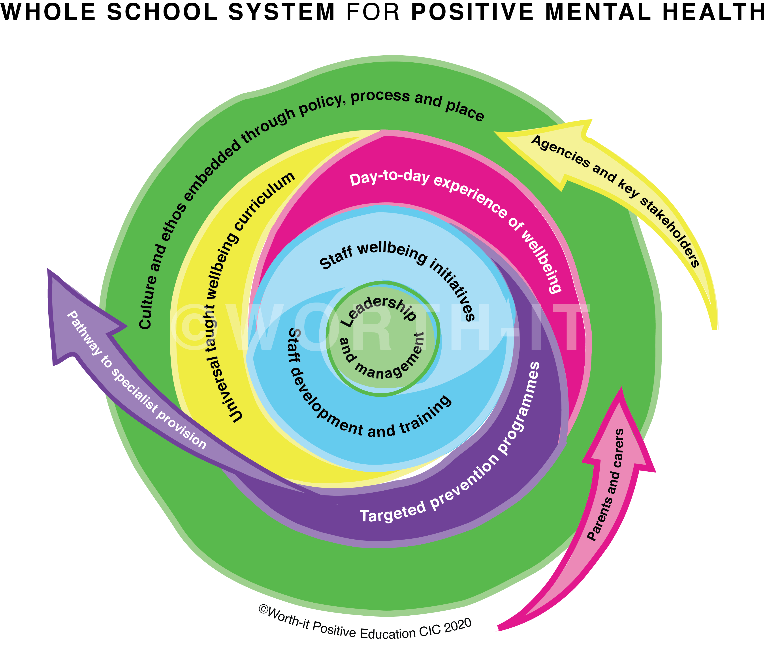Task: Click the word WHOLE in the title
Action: pos(48,12)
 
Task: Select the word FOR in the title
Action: pos(373,12)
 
